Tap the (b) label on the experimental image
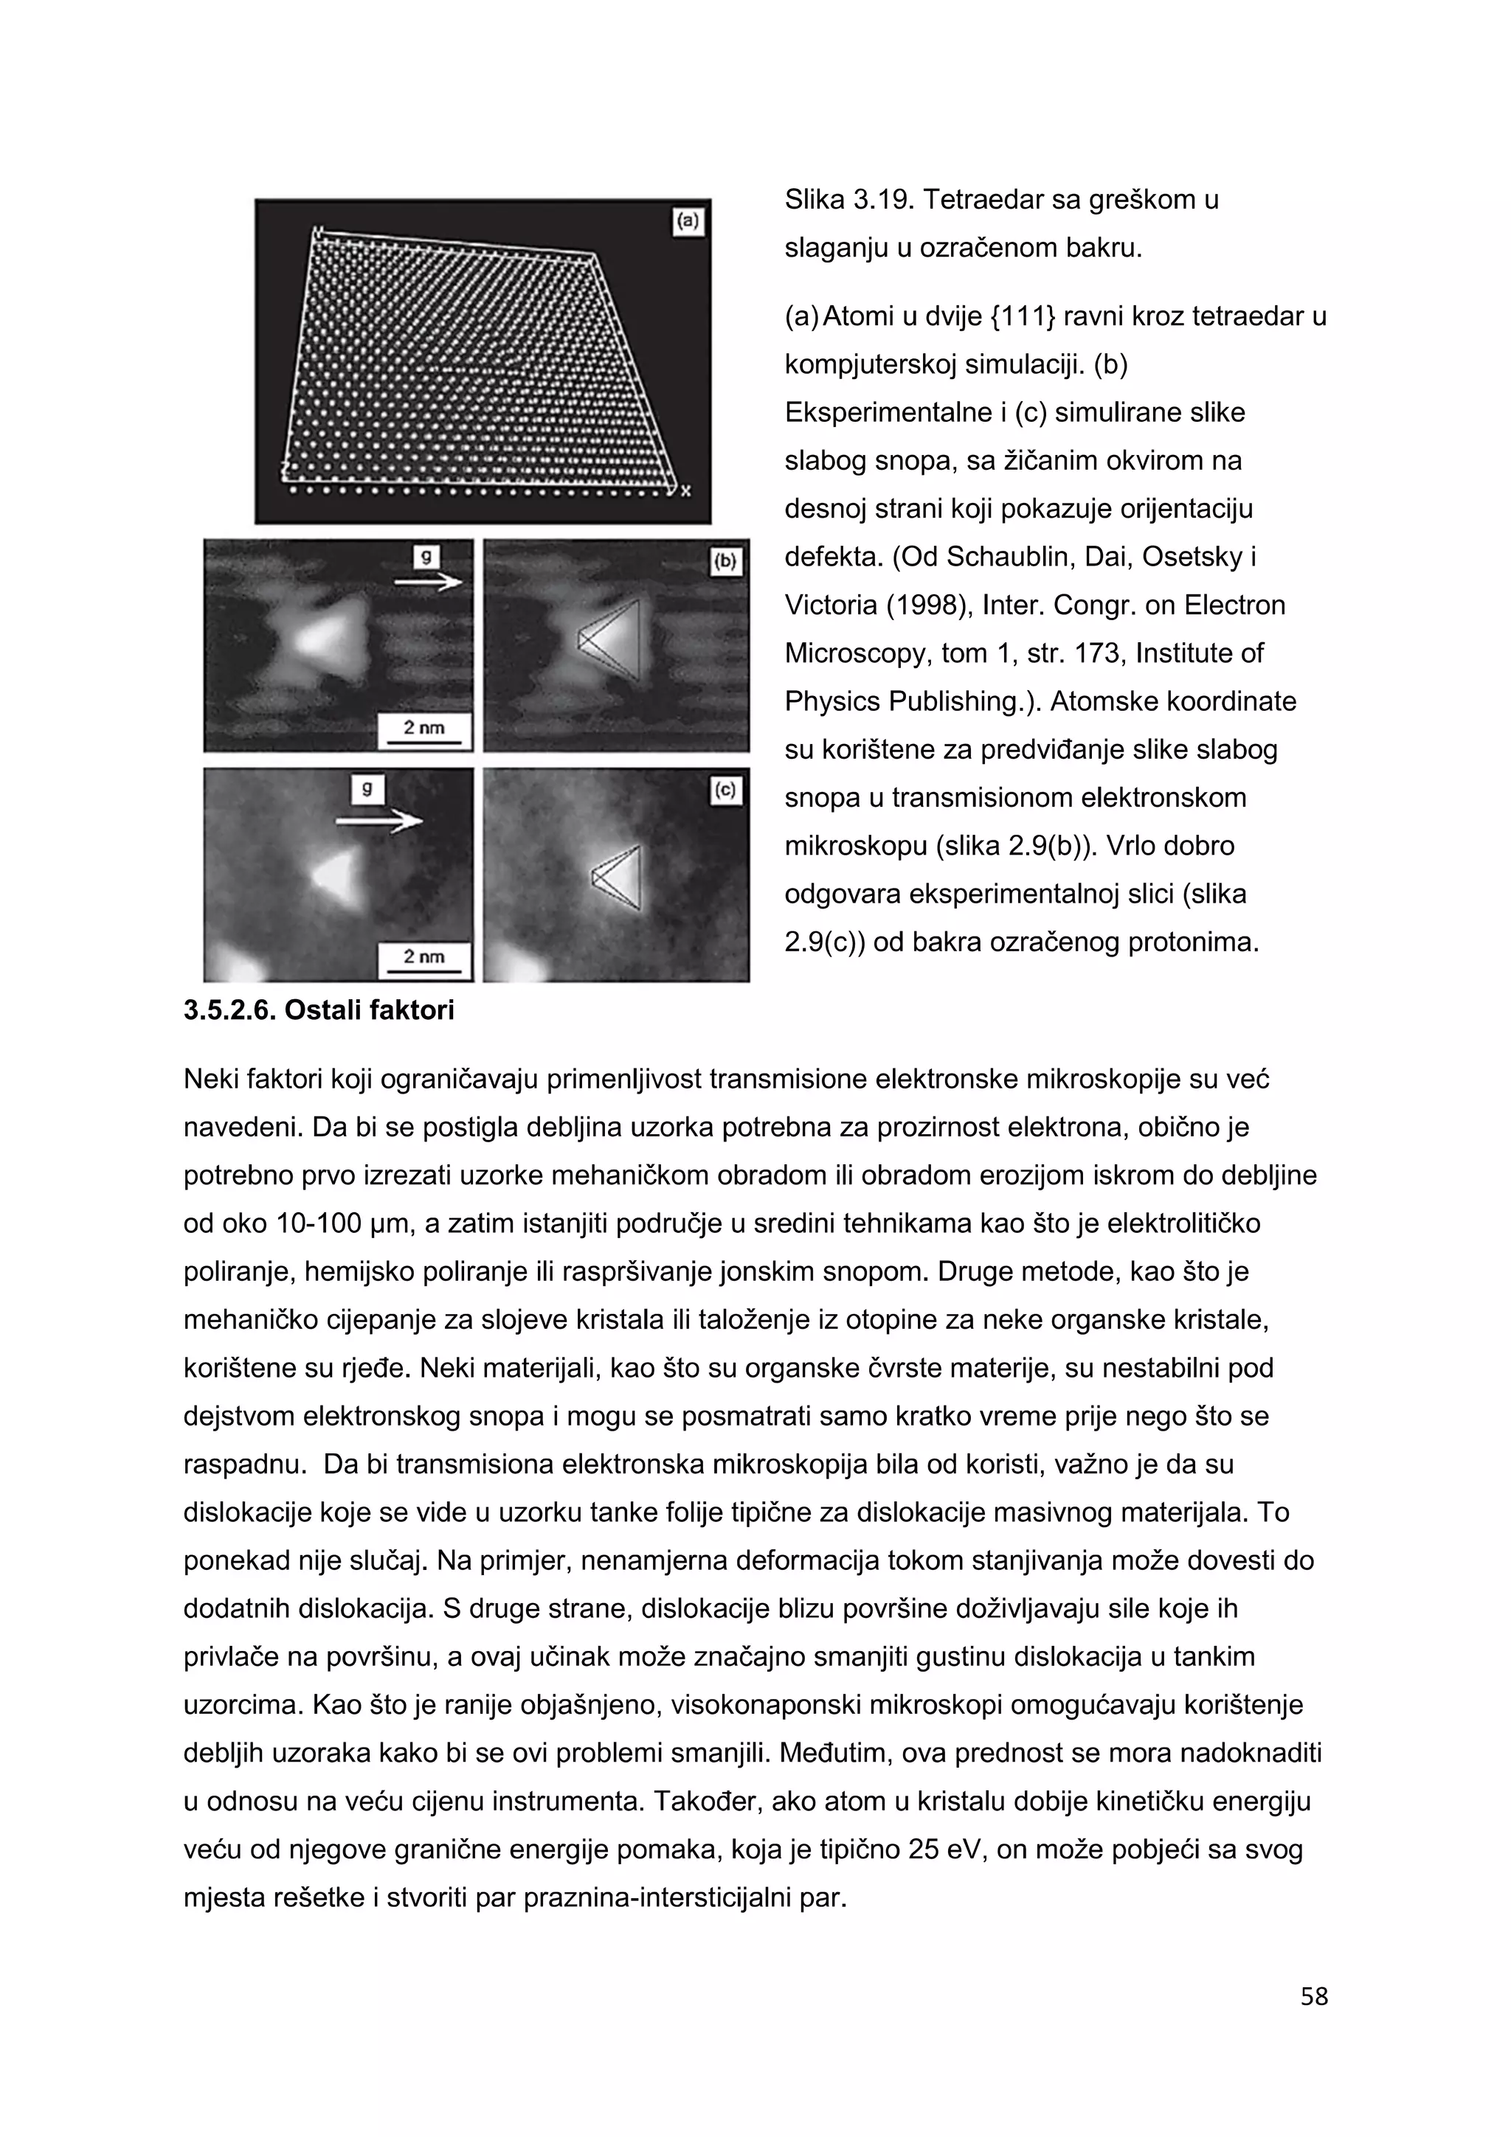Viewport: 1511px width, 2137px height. (x=725, y=561)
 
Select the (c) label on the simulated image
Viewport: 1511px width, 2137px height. (x=725, y=790)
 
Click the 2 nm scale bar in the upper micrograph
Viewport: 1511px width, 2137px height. (x=424, y=732)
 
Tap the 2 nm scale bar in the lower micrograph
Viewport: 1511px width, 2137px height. (x=424, y=961)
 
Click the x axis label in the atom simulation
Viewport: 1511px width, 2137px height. (x=686, y=490)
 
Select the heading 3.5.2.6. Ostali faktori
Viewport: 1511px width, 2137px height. (x=319, y=1010)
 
